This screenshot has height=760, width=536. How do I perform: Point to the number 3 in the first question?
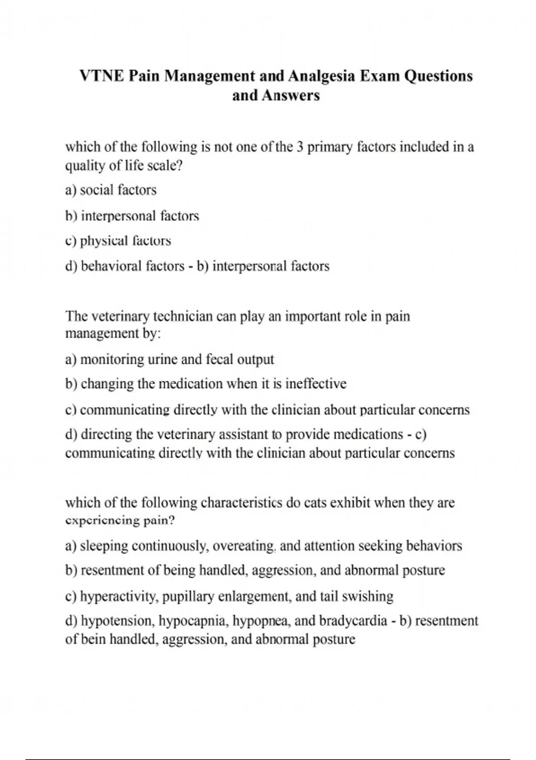coord(300,147)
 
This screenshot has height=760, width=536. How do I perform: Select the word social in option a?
coord(97,190)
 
